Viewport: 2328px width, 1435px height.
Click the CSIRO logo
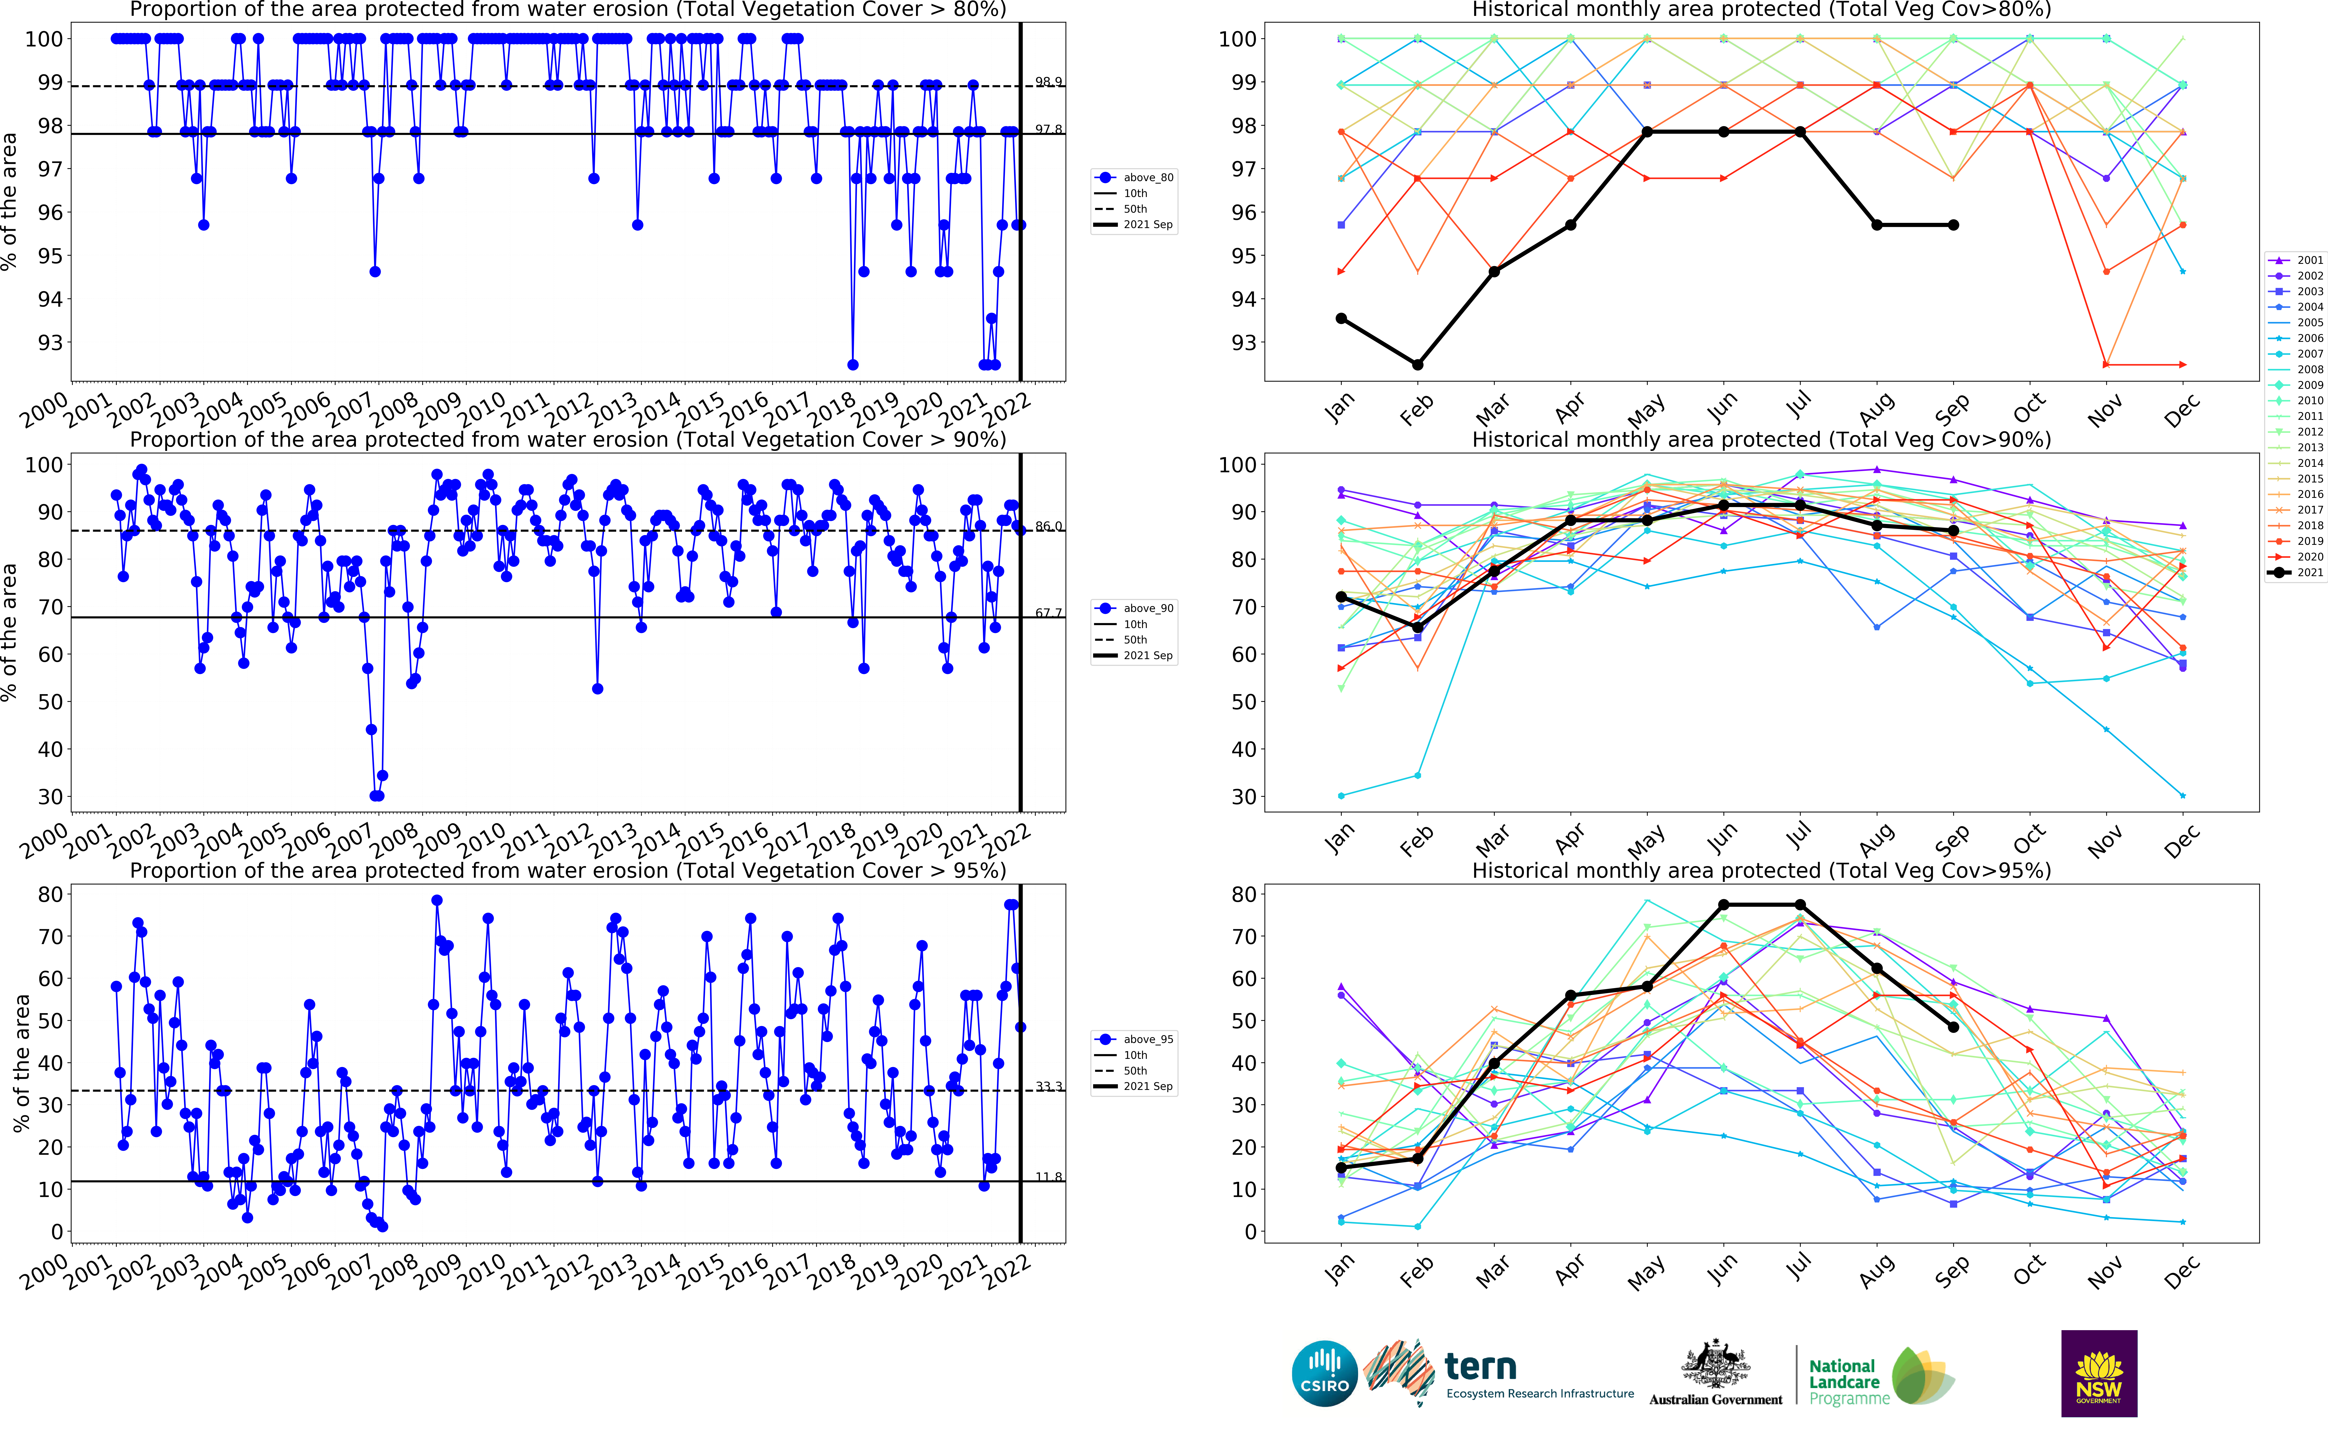(x=1324, y=1372)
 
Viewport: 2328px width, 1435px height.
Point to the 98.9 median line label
(x=1048, y=82)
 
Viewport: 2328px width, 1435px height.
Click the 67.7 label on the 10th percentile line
(x=1048, y=613)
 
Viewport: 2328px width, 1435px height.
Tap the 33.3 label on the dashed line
(x=1048, y=1087)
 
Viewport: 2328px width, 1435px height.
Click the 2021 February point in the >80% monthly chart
(x=1417, y=364)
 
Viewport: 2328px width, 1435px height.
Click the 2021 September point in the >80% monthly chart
(x=1953, y=225)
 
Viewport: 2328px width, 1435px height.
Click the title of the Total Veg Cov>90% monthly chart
(x=1761, y=439)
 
